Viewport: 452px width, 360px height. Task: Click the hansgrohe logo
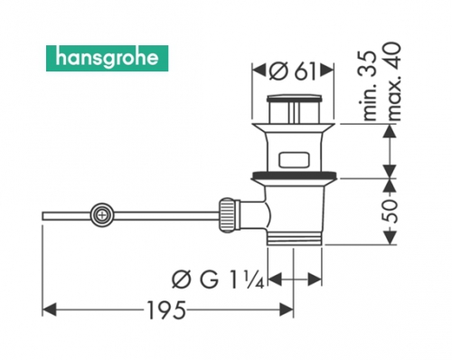[x=108, y=58]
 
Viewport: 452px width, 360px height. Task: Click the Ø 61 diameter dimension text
[x=292, y=71]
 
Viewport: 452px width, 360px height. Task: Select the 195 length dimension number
[x=166, y=310]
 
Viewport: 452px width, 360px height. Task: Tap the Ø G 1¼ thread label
[x=218, y=279]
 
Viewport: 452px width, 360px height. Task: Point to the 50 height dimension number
[x=391, y=211]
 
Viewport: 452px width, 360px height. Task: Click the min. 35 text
[x=370, y=86]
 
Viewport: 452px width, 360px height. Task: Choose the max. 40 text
[x=393, y=82]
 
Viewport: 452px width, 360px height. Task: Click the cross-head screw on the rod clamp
[x=102, y=215]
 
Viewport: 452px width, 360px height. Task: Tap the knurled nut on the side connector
[x=229, y=215]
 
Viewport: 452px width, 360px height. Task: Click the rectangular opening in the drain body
[x=294, y=160]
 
